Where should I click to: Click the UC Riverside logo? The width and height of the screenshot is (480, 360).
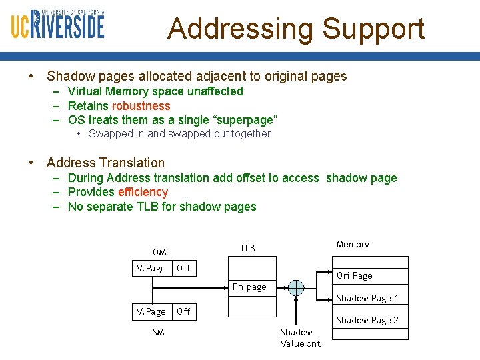click(x=57, y=25)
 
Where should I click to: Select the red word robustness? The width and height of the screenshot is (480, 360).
click(x=141, y=106)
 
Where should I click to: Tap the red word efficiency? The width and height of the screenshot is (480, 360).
click(x=143, y=192)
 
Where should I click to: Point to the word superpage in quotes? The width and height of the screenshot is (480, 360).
click(x=243, y=120)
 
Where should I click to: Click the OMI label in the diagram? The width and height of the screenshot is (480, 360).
click(x=160, y=252)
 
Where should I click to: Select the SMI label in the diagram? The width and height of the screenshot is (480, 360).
click(x=159, y=332)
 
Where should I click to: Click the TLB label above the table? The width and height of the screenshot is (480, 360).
click(x=247, y=248)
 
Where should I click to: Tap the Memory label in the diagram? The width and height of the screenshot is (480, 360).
click(x=353, y=244)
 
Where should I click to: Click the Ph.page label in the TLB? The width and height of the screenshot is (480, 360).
click(x=249, y=287)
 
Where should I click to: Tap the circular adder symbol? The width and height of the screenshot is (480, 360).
click(x=295, y=288)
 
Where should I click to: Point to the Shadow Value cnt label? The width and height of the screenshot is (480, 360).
click(x=300, y=337)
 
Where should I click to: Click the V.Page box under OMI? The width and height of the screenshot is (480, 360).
click(x=151, y=268)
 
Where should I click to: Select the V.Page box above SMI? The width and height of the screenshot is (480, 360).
click(x=151, y=311)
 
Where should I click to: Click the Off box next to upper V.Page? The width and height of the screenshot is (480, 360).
click(x=184, y=268)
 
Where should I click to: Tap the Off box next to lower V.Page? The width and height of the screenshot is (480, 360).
click(x=184, y=311)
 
